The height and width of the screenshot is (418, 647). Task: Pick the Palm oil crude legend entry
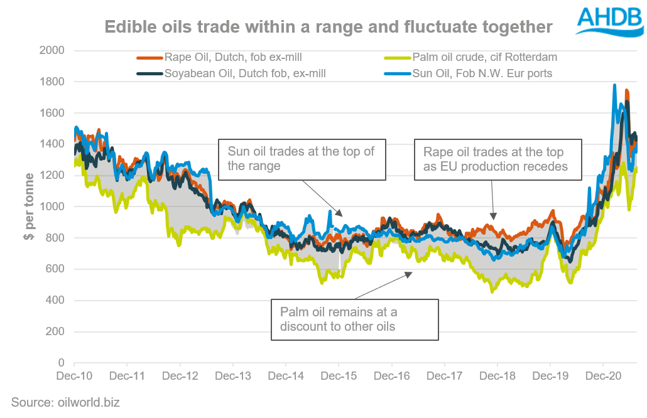(484, 57)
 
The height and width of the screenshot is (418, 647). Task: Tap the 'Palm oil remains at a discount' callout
(354, 319)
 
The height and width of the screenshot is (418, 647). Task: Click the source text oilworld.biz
(65, 402)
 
